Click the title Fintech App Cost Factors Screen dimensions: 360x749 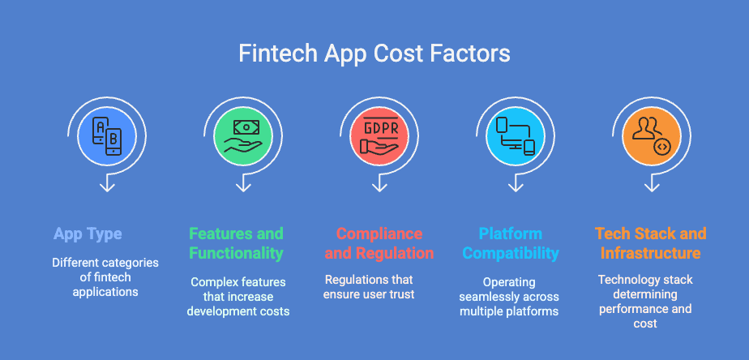pos(374,54)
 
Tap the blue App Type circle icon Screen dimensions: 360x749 pos(106,134)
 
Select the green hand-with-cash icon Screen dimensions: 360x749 pos(242,134)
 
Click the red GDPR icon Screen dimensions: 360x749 pos(379,134)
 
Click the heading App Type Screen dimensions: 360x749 pos(88,234)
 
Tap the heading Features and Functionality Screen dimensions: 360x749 pos(236,243)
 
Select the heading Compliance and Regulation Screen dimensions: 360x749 pos(379,243)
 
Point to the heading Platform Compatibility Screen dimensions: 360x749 pos(511,243)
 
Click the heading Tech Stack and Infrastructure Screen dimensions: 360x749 pos(651,243)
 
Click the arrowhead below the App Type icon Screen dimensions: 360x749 pos(106,188)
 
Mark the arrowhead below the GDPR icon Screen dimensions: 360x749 pos(379,188)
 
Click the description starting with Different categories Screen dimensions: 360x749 pos(105,277)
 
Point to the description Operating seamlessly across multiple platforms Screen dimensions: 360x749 pos(510,297)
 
